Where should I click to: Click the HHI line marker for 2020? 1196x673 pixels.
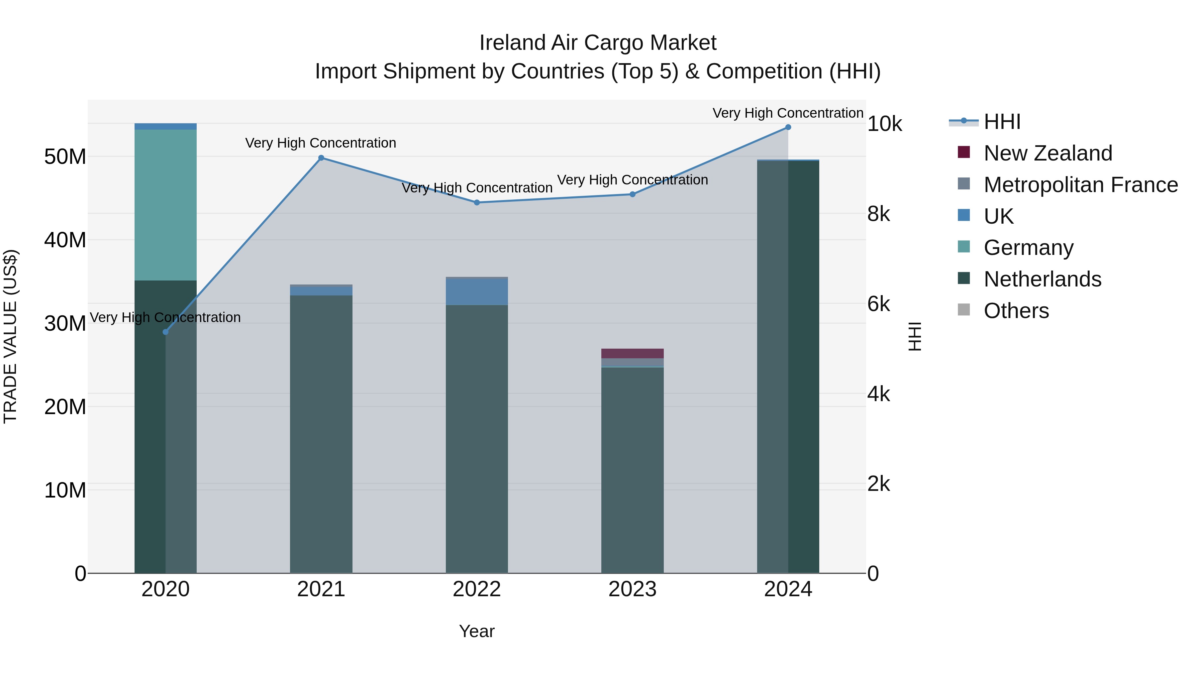pyautogui.click(x=165, y=332)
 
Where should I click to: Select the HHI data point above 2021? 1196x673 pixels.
pyautogui.click(x=321, y=158)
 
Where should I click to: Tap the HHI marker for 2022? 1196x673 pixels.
pyautogui.click(x=477, y=202)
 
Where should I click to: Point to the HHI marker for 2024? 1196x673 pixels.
pyautogui.click(x=788, y=127)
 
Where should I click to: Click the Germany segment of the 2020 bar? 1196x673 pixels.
pyautogui.click(x=165, y=204)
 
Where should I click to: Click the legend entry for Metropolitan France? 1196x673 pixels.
pyautogui.click(x=1080, y=185)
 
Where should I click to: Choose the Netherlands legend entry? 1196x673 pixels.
pyautogui.click(x=1042, y=279)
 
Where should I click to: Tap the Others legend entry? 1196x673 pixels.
pyautogui.click(x=1016, y=311)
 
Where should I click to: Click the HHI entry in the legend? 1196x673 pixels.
pyautogui.click(x=1002, y=122)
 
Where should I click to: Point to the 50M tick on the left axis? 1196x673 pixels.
pyautogui.click(x=65, y=157)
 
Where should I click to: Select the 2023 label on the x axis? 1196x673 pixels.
pyautogui.click(x=632, y=589)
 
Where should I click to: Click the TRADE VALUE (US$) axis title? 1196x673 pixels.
pyautogui.click(x=10, y=336)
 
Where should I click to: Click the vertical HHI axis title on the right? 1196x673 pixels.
pyautogui.click(x=914, y=336)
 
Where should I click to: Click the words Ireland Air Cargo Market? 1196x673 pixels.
pyautogui.click(x=598, y=43)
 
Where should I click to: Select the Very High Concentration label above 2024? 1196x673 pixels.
pyautogui.click(x=788, y=113)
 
